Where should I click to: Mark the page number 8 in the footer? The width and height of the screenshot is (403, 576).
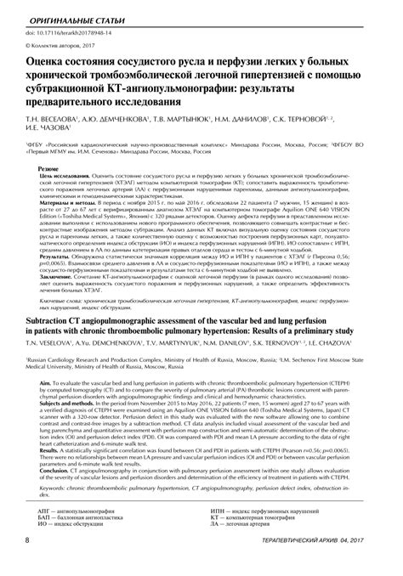tap(30, 563)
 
